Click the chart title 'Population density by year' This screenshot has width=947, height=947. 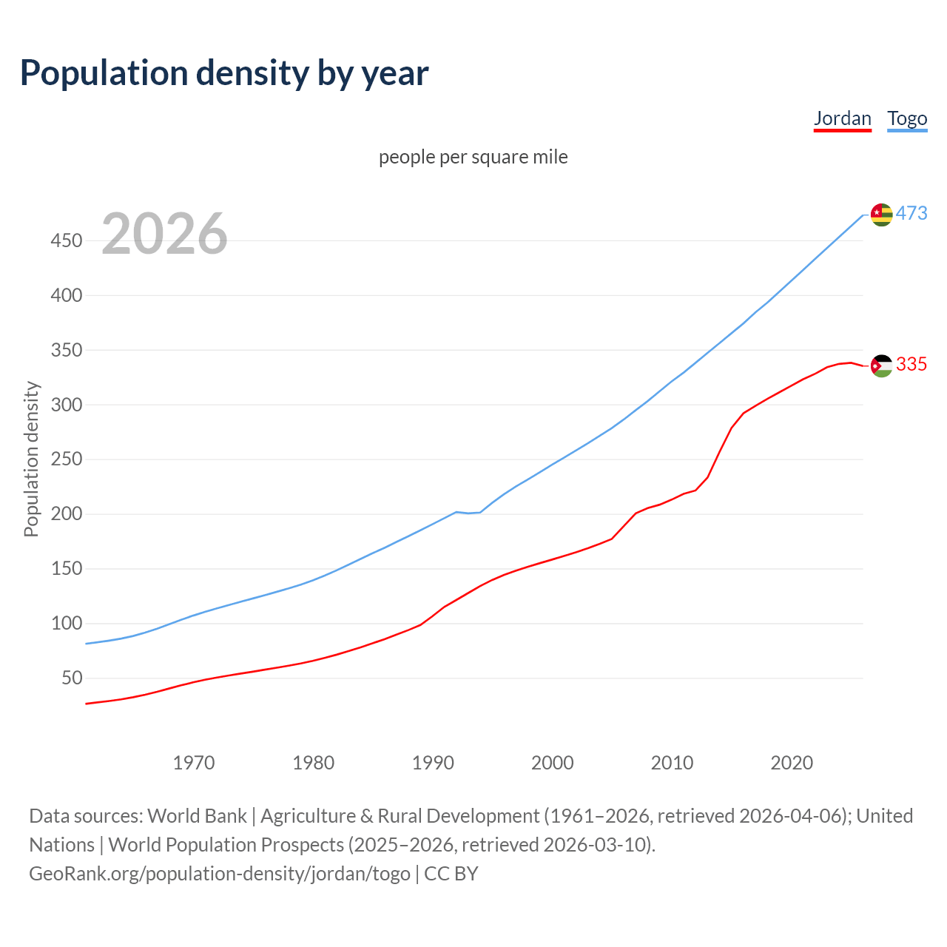[224, 73]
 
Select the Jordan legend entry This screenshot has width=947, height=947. [842, 118]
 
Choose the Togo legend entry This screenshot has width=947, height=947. [907, 118]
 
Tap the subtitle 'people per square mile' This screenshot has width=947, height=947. [473, 157]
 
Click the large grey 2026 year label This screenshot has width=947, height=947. [164, 234]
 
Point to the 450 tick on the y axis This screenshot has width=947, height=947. [66, 240]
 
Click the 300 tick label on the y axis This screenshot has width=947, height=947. [66, 405]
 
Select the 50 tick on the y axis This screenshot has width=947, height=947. [71, 678]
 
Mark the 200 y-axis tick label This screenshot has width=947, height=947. [66, 513]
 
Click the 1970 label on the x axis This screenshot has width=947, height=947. [194, 762]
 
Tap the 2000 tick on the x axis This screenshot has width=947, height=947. [553, 762]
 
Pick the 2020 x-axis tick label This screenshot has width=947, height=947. [792, 762]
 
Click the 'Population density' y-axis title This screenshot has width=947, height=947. [31, 459]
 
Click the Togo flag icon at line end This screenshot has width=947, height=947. [881, 215]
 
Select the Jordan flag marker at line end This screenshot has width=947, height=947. [881, 365]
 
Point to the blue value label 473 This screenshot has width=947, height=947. [911, 214]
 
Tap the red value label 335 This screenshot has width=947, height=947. [911, 364]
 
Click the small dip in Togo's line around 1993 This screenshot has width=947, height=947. [468, 513]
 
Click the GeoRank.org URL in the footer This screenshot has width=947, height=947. [220, 874]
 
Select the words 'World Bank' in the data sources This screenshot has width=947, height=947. [197, 816]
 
